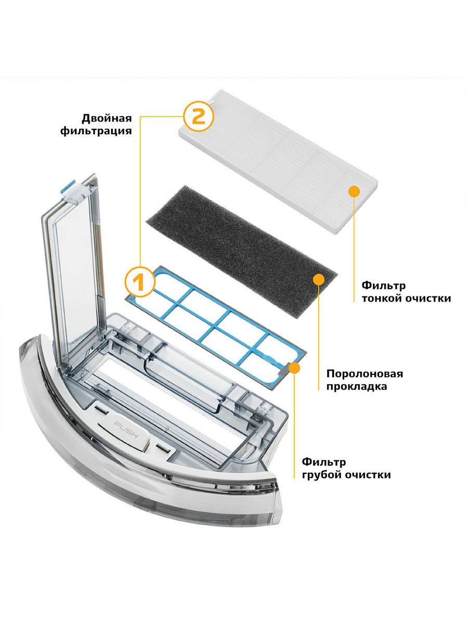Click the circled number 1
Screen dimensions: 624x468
click(139, 282)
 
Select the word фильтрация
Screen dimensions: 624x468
click(103, 131)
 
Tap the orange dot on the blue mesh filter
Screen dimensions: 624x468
click(294, 368)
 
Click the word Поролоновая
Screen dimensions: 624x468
click(365, 373)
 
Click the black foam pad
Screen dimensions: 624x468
click(239, 229)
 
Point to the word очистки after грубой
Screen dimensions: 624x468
click(368, 475)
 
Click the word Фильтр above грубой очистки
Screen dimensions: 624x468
click(324, 462)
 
